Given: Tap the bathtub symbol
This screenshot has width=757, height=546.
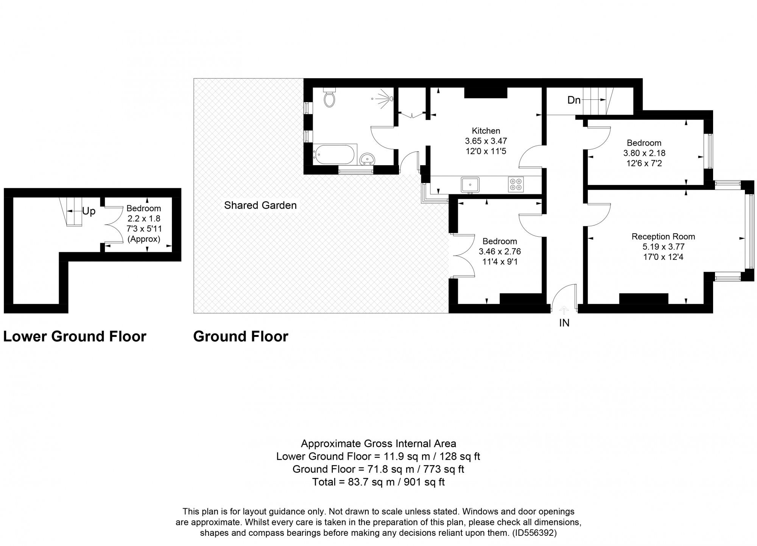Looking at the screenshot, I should click(334, 155).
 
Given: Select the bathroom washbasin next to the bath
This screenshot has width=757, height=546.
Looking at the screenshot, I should click(366, 159).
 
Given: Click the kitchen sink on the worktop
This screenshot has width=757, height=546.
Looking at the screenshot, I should click(470, 185).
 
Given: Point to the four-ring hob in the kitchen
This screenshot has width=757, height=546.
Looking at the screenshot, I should click(516, 184).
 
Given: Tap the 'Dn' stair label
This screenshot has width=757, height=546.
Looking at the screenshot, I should click(574, 100).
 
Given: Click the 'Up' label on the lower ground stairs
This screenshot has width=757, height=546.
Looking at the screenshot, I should click(89, 211).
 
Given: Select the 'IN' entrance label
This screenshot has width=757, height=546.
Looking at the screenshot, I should click(564, 323).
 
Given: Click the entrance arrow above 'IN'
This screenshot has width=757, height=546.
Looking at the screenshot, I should click(564, 310).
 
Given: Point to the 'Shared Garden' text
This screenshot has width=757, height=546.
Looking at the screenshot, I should click(260, 205).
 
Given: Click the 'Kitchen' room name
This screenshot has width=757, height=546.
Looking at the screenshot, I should click(486, 131).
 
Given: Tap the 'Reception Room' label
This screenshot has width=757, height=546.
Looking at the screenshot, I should click(663, 237).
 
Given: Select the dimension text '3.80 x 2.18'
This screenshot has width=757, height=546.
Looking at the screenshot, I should click(644, 153).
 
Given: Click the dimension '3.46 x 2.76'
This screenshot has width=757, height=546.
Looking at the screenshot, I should click(500, 251).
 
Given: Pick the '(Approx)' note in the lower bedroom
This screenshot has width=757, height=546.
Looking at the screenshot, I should click(144, 239).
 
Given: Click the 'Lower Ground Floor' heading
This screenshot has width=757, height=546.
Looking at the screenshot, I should click(75, 336).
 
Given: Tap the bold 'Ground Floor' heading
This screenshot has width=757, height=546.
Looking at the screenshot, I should click(241, 336).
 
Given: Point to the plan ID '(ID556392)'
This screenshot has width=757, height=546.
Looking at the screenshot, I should click(534, 533).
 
